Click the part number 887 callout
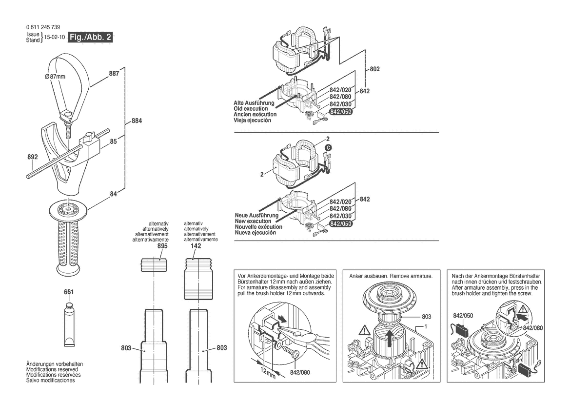114,74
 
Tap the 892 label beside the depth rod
33,158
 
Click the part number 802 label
374,69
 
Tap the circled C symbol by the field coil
328,146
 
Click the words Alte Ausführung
255,103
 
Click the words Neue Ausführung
256,215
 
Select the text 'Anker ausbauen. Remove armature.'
391,276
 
